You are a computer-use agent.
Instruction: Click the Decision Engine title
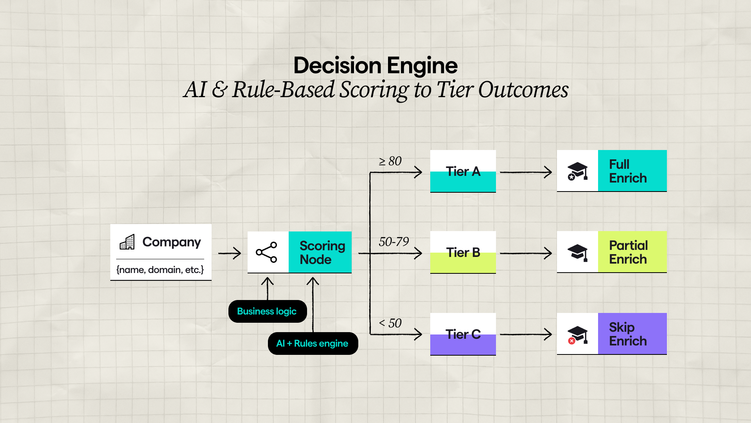point(375,65)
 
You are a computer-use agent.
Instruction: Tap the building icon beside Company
point(127,242)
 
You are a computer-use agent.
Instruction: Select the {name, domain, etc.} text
point(160,270)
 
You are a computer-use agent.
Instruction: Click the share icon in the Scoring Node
point(267,252)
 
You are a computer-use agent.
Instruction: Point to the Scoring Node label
point(322,253)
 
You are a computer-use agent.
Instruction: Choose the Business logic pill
point(268,311)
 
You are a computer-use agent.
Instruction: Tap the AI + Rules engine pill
point(313,343)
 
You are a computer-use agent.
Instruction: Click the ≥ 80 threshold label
point(390,161)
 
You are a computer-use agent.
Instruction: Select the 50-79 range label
point(393,242)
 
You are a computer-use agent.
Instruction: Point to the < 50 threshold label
point(390,323)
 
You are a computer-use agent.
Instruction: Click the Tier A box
point(463,171)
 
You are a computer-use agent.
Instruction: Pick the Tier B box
point(463,252)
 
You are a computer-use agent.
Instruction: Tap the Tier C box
point(463,334)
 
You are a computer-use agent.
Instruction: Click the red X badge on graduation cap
point(572,341)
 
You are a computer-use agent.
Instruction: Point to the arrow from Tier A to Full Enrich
point(526,172)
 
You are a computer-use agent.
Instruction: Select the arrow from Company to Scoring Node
point(230,253)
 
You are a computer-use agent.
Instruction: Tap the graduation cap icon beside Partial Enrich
point(578,252)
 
